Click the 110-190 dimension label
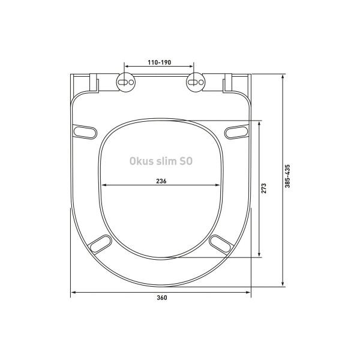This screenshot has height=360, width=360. click(x=159, y=62)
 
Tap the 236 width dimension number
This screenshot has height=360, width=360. click(x=160, y=181)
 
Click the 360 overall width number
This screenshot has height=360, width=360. click(x=161, y=298)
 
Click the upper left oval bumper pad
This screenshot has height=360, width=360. click(x=85, y=130)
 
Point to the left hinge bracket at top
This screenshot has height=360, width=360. click(x=94, y=83)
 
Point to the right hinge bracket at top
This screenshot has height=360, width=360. click(x=227, y=83)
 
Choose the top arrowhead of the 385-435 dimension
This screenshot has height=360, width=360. click(x=283, y=77)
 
